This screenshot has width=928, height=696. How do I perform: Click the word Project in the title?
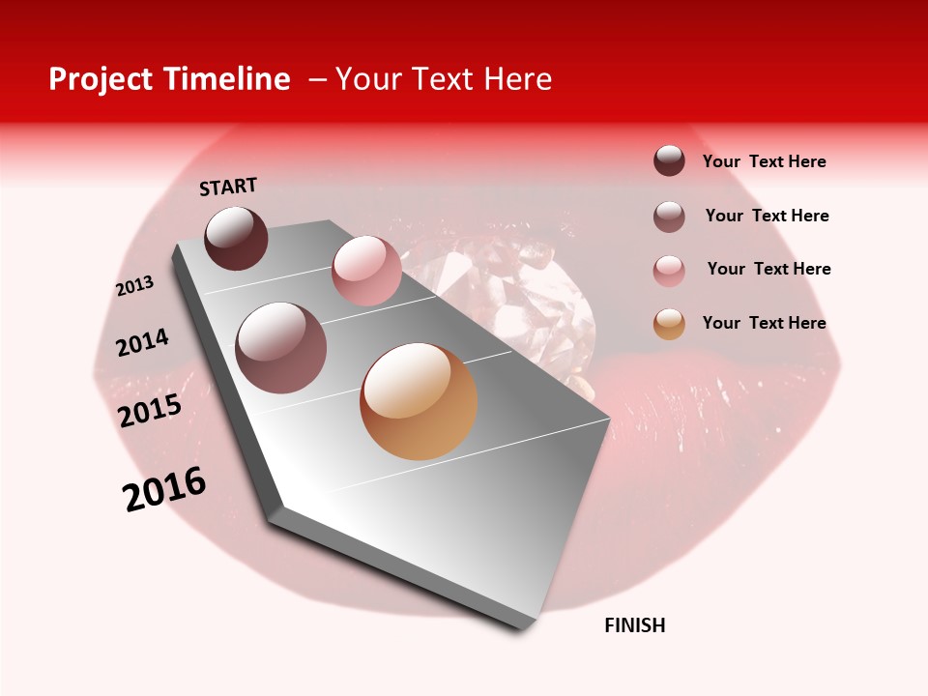(x=101, y=79)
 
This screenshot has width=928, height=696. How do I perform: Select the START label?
(x=228, y=187)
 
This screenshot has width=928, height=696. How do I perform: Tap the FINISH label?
(x=635, y=625)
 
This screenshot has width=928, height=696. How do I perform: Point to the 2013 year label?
(x=134, y=286)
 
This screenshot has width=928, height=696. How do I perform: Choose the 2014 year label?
(x=142, y=342)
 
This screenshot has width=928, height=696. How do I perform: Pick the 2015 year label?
(x=150, y=410)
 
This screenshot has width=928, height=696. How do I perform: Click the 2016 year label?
(x=164, y=488)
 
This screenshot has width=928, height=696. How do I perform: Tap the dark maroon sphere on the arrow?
(x=236, y=238)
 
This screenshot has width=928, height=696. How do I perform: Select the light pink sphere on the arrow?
(x=366, y=270)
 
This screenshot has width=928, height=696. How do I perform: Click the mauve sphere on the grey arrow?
(x=281, y=347)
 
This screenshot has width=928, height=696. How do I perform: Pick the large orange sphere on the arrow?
(x=419, y=401)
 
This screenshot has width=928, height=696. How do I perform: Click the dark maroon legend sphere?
(x=669, y=160)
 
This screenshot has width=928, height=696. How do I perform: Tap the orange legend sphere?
(x=669, y=324)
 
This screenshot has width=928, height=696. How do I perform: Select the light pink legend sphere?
(x=669, y=271)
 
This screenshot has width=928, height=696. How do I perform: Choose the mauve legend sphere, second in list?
(x=669, y=217)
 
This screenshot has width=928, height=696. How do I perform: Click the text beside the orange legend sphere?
(x=764, y=323)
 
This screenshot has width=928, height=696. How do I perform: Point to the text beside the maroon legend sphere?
(x=764, y=161)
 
